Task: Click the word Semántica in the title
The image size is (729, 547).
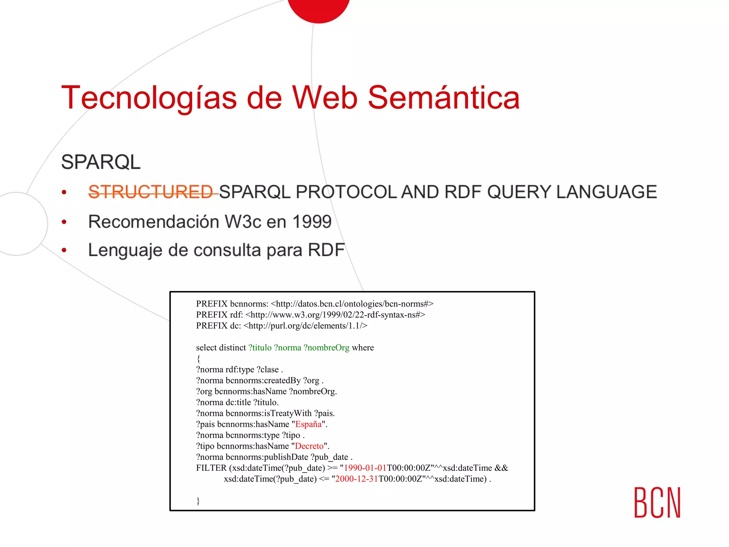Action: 444,98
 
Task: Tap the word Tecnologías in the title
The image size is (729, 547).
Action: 149,98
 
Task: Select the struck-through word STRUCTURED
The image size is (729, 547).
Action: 151,192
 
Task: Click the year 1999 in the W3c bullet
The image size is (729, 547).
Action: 312,222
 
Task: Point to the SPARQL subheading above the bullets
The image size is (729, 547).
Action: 101,162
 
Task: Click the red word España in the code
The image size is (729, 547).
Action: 308,424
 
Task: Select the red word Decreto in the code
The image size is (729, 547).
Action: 309,446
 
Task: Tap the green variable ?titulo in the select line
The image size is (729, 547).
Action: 260,348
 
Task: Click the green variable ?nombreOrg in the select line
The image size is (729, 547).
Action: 326,348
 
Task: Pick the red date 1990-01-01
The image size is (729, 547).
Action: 365,468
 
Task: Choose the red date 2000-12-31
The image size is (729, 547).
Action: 356,479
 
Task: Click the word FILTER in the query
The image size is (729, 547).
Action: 211,468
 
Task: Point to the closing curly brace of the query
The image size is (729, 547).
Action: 198,501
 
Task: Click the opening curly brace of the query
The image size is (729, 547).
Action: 198,359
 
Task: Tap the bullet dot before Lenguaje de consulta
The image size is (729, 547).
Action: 64,250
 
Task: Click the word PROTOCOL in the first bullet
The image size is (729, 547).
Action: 346,192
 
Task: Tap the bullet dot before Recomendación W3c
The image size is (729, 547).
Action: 64,222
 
